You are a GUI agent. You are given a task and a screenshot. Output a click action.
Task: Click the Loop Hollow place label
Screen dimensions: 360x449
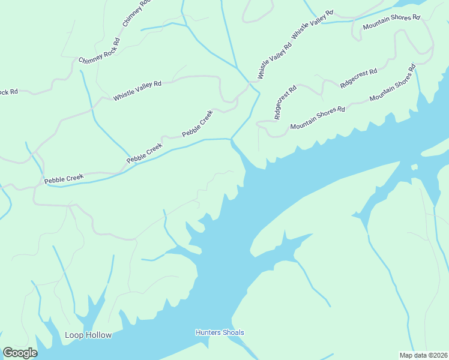[88, 335]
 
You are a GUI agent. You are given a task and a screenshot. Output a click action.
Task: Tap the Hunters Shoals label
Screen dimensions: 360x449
[220, 332]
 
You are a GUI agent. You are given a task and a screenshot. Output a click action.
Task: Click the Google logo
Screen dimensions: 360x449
[20, 353]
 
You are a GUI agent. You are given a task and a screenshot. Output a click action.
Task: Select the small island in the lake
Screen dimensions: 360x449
[414, 167]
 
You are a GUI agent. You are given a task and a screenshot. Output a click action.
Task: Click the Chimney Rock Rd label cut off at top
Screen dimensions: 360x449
[136, 13]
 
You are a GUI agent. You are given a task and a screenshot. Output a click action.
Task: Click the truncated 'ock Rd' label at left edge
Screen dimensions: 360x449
[9, 92]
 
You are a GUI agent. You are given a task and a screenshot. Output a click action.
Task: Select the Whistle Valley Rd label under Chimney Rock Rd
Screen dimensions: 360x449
[137, 91]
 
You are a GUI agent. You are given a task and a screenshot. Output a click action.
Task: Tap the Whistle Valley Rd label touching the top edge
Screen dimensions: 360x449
[312, 26]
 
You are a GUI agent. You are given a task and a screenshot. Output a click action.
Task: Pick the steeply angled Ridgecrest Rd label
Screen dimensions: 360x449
[285, 103]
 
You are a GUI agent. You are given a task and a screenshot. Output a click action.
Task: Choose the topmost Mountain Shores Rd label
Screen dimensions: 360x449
[391, 22]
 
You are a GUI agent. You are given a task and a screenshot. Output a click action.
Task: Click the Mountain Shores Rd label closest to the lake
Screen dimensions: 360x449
[318, 118]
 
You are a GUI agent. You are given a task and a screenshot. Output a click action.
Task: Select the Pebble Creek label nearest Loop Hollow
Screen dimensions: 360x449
[62, 178]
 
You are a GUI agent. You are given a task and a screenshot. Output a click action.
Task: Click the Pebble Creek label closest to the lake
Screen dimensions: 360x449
[197, 124]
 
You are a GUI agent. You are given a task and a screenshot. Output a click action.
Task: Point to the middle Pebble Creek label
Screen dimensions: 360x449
[144, 153]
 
